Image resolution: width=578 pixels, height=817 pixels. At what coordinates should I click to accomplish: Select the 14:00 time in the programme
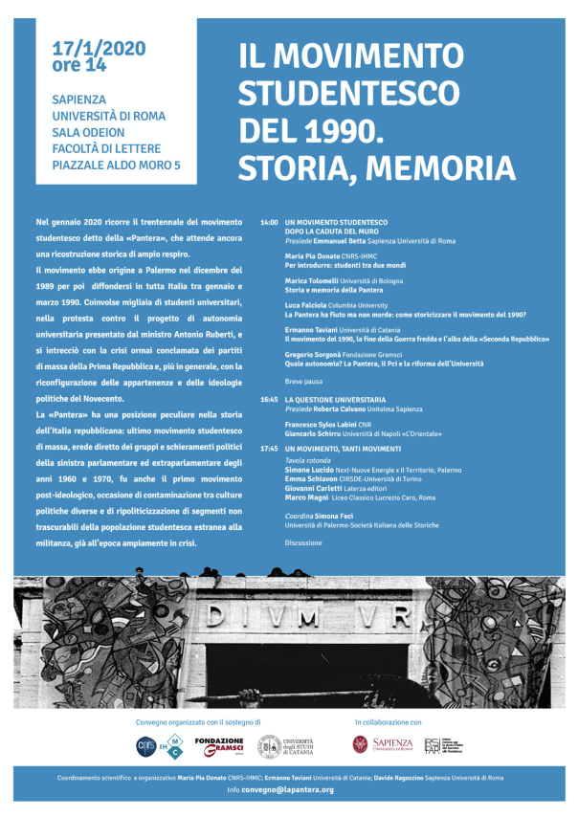pyautogui.click(x=269, y=222)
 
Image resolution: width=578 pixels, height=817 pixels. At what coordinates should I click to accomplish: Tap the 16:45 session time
pyautogui.click(x=269, y=398)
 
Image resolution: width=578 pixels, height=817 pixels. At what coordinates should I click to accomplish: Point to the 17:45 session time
pyautogui.click(x=269, y=449)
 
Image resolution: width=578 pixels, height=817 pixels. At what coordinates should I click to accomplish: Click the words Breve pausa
pyautogui.click(x=303, y=382)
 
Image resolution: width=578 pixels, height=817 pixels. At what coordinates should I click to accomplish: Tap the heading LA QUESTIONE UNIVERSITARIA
pyautogui.click(x=335, y=398)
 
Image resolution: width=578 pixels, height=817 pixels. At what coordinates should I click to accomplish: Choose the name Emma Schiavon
pyautogui.click(x=310, y=479)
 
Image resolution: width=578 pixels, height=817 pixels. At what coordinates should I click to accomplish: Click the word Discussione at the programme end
pyautogui.click(x=304, y=541)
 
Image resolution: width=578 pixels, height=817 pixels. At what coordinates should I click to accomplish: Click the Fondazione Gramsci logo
pyautogui.click(x=219, y=745)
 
